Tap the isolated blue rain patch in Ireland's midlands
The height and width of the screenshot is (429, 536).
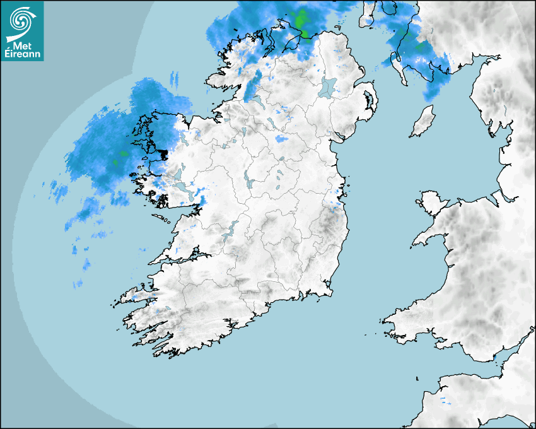click(281, 139)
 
